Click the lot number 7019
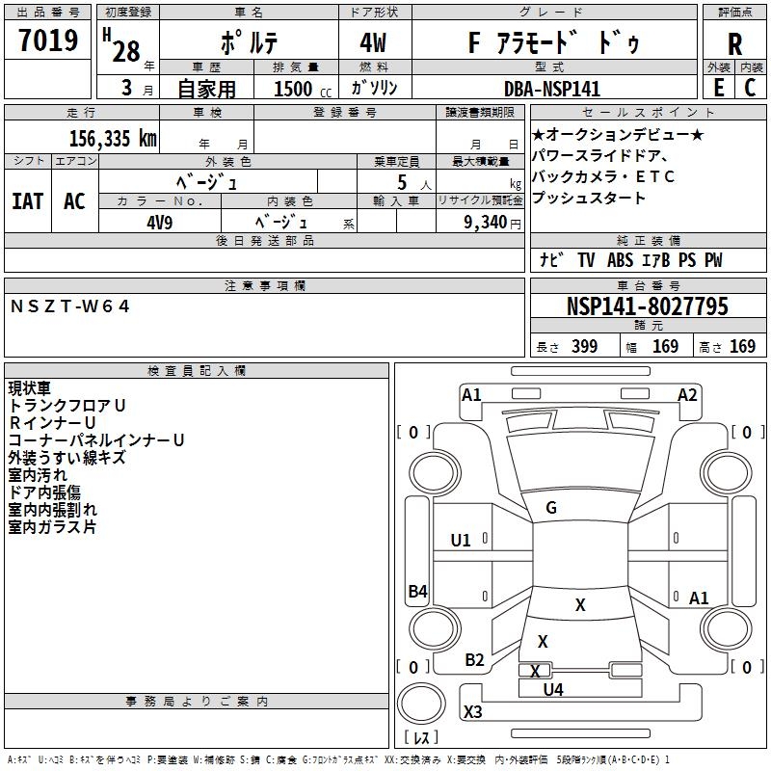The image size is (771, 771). pyautogui.click(x=48, y=40)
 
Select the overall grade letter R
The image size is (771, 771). pyautogui.click(x=734, y=44)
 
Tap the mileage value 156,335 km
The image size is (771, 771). pyautogui.click(x=113, y=138)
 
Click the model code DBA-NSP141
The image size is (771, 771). pyautogui.click(x=551, y=89)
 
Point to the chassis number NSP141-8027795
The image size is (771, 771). pyautogui.click(x=647, y=306)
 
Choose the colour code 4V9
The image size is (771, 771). pyautogui.click(x=159, y=223)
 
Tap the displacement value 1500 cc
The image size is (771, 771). pyautogui.click(x=303, y=89)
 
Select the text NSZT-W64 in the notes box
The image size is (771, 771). pyautogui.click(x=69, y=306)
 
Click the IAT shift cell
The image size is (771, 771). pyautogui.click(x=28, y=201)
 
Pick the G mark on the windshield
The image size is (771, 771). pyautogui.click(x=551, y=507)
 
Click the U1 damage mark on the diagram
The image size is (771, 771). pyautogui.click(x=461, y=541)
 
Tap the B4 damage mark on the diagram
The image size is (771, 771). pyautogui.click(x=418, y=591)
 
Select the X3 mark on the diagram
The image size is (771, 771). pyautogui.click(x=472, y=711)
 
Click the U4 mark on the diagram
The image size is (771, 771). pyautogui.click(x=553, y=690)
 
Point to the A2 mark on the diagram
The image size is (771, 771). pyautogui.click(x=687, y=395)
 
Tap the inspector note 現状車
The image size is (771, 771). pyautogui.click(x=29, y=388)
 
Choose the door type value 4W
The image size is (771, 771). pyautogui.click(x=373, y=42)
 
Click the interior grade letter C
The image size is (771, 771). pyautogui.click(x=751, y=88)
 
